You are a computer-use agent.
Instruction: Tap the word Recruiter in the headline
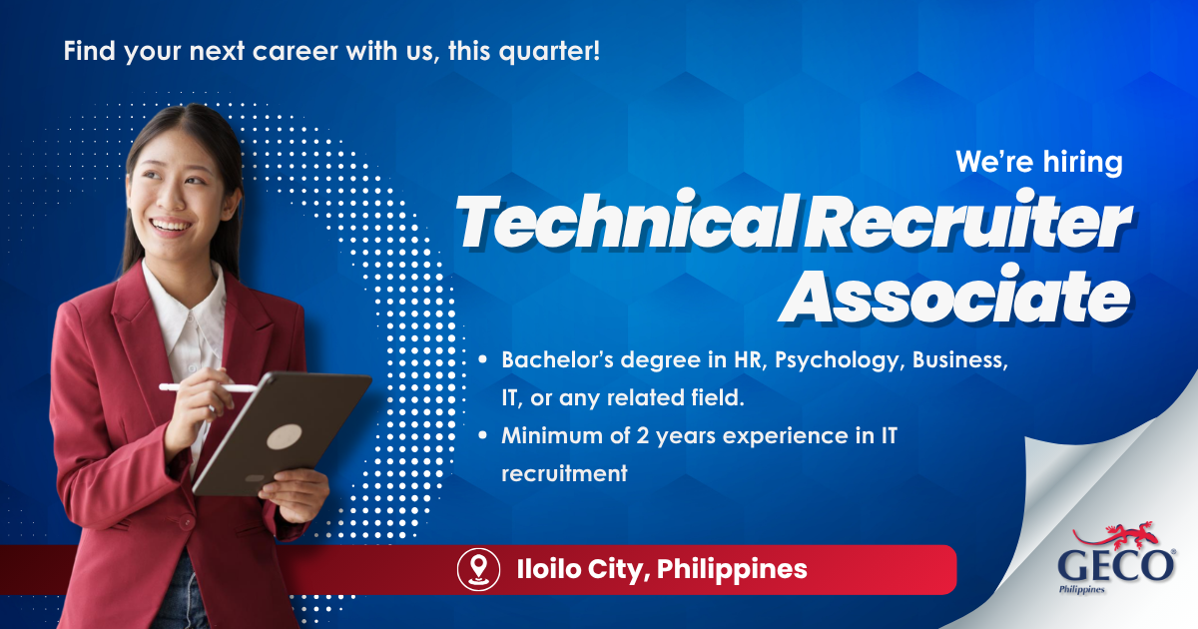(x=968, y=222)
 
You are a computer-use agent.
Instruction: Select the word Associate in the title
(x=954, y=295)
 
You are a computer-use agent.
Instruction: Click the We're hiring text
(x=1038, y=162)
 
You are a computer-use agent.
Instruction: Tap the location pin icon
(x=478, y=569)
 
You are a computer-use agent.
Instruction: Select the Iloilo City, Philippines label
(x=662, y=569)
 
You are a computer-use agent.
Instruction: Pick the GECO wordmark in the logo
(x=1116, y=566)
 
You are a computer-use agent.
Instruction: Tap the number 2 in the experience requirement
(x=642, y=436)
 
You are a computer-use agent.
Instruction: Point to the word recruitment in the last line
(x=564, y=474)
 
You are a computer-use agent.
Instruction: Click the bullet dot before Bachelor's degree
(x=482, y=360)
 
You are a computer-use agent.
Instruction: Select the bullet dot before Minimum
(x=482, y=435)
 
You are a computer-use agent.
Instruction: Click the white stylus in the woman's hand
(x=208, y=387)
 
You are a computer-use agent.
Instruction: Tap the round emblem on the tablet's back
(x=284, y=437)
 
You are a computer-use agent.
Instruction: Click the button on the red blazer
(x=186, y=521)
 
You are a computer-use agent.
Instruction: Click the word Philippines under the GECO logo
(x=1082, y=589)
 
